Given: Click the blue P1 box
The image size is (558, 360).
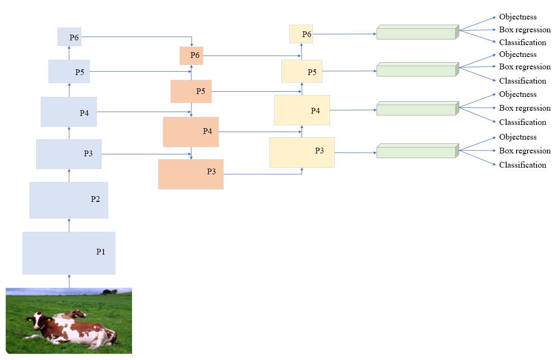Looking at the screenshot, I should point(68,253).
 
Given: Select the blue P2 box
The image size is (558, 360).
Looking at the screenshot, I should point(68,200).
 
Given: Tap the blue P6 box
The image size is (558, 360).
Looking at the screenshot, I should point(69,37).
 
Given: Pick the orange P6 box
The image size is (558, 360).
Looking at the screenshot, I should point(191,56).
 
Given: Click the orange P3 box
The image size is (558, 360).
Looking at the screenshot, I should point(190,174).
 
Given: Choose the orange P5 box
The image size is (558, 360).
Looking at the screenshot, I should point(191,91).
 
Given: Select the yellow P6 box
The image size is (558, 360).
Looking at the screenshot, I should point(301,34).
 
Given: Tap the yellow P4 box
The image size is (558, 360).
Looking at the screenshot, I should point(302,110).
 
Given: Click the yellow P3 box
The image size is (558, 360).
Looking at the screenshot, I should point(302,152).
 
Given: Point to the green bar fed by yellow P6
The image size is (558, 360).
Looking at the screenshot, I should point(416,33).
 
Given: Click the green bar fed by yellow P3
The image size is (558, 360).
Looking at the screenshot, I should point(416,152).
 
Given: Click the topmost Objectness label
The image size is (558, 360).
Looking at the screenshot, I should point(518,17).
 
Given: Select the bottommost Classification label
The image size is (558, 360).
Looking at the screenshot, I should point(522,165).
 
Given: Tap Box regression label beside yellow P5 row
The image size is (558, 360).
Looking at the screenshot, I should point(525,67).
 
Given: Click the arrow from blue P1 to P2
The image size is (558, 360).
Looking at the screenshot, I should point(69,225).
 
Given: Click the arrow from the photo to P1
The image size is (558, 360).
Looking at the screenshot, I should point(69,281).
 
